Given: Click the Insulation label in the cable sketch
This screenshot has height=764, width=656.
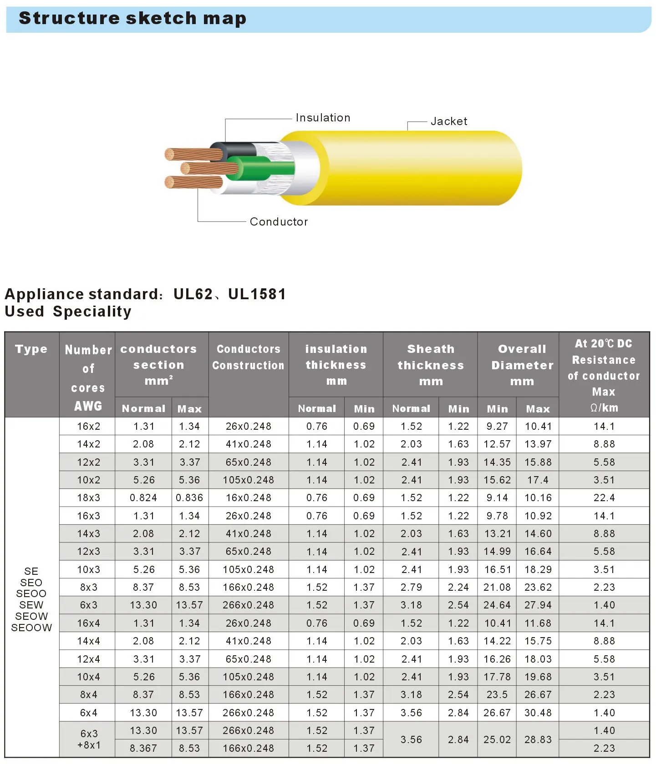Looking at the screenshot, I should point(323,118).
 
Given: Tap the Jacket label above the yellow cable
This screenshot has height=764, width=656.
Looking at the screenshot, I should point(449,121).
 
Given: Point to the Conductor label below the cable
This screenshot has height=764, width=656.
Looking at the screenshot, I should point(279,222).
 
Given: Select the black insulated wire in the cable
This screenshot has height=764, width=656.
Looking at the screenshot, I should point(237,150).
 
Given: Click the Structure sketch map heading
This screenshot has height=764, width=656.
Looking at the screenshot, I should point(132,19).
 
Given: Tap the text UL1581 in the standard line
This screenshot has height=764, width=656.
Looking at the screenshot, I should point(257,294).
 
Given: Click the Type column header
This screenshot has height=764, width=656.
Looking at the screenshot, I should point(31,349).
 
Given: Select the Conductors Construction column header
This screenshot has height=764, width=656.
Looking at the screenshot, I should point(248,357).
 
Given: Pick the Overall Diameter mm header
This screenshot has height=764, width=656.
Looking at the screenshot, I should point(522,365).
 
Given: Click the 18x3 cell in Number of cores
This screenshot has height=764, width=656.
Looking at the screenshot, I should point(88,498).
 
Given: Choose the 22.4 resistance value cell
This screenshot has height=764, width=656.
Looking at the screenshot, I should point(604,498).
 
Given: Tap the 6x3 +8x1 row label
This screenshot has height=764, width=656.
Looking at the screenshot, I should point(89,739).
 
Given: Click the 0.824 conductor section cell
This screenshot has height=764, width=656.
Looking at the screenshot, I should point(143,498).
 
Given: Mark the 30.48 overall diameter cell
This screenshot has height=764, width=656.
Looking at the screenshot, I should point(538,713).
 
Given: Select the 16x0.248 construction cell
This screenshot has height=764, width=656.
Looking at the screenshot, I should point(249,498).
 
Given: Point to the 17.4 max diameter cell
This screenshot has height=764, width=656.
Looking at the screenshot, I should point(538,480).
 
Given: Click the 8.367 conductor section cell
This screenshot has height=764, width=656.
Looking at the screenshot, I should point(143,748).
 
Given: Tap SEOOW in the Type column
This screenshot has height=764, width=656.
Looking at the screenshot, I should point(31,628).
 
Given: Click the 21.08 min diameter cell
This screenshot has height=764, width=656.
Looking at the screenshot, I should point(497,588).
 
